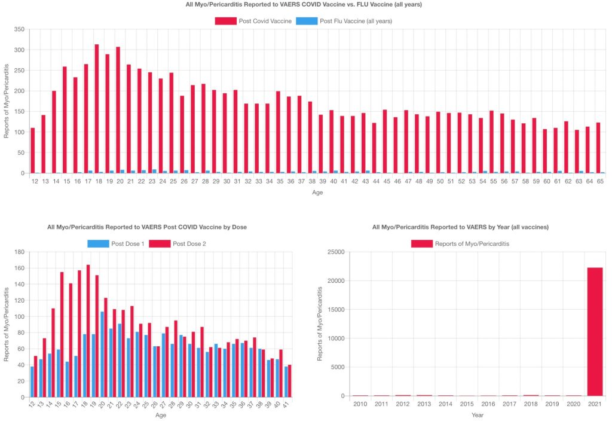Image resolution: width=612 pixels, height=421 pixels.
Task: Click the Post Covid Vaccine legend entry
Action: click(x=254, y=21)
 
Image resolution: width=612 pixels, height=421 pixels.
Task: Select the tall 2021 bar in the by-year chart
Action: click(x=595, y=331)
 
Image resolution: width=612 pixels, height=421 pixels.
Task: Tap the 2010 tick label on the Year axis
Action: click(x=360, y=404)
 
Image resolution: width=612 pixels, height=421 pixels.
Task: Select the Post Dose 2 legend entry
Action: click(x=179, y=243)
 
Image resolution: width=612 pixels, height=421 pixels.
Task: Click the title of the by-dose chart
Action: click(x=147, y=227)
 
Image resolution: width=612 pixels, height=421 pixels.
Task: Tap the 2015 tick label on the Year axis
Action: click(x=467, y=404)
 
